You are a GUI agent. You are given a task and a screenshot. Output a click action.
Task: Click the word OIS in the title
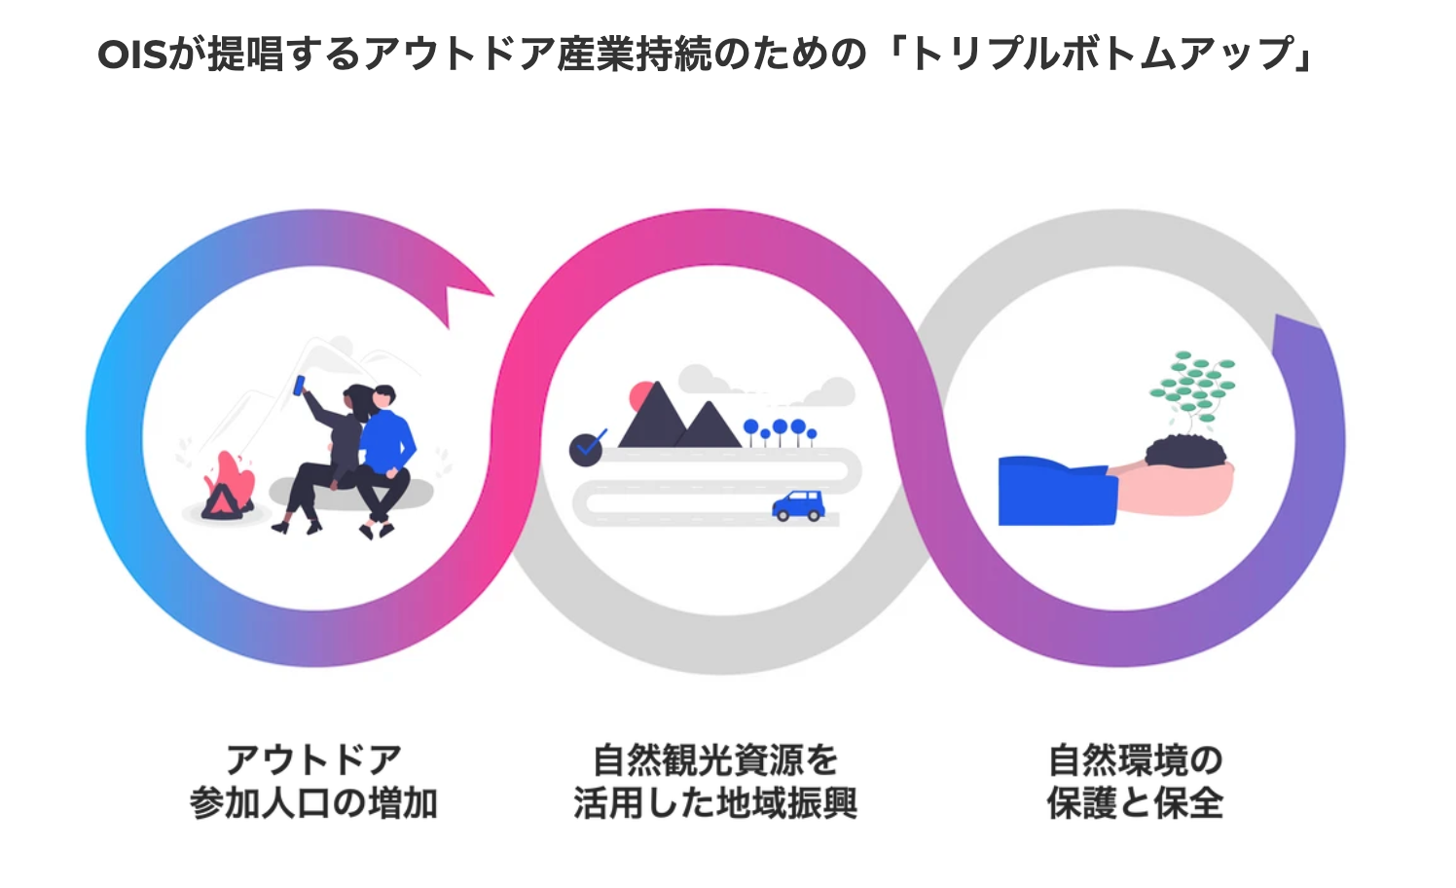point(131,55)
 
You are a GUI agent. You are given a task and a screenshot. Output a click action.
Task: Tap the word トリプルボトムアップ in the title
point(1100,55)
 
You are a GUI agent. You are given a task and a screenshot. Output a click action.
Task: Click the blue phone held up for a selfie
point(300,385)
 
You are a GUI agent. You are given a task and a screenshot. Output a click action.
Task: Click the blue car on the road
point(798,505)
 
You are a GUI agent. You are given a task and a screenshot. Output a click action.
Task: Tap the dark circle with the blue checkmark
point(586,449)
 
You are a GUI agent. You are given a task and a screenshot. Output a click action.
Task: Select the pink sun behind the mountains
point(641,396)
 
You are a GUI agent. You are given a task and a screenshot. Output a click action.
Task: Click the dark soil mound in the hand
point(1186,451)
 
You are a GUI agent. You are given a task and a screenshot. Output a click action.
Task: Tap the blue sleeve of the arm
point(1056,491)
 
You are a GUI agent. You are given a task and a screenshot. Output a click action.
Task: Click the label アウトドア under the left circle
point(313,759)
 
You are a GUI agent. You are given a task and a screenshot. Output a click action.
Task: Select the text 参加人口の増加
point(313,804)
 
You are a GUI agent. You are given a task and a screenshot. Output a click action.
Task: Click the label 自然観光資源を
point(715,759)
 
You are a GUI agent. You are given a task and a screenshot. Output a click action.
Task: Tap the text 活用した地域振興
point(715,804)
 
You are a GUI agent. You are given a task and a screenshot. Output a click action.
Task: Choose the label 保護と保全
point(1135,804)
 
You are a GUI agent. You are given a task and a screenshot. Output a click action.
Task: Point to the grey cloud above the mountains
point(710,380)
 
